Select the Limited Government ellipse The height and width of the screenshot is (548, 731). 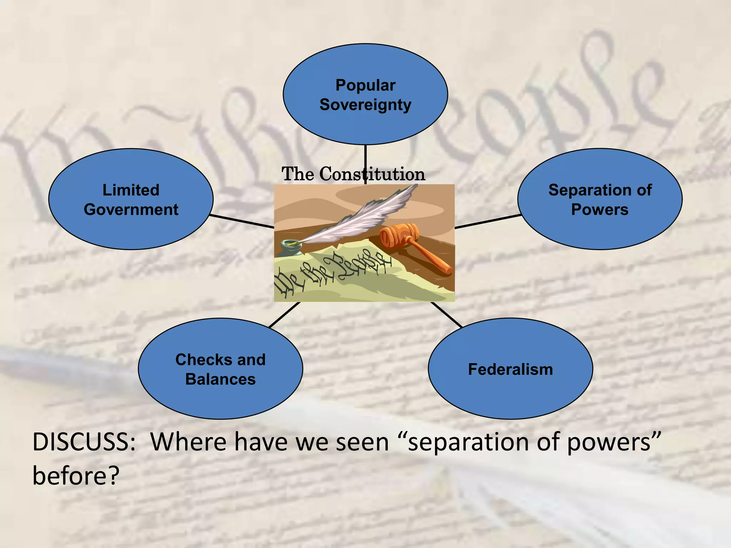tap(131, 228)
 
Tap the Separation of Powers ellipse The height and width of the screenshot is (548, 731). tap(600, 228)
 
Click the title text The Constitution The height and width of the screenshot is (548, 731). tap(353, 174)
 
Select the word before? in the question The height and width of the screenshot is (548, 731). tap(75, 476)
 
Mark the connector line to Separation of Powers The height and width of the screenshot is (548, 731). tap(488, 221)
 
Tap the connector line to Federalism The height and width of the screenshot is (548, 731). tap(446, 314)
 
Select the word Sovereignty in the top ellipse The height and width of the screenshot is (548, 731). tap(365, 105)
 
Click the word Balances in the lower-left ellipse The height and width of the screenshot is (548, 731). tap(220, 379)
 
